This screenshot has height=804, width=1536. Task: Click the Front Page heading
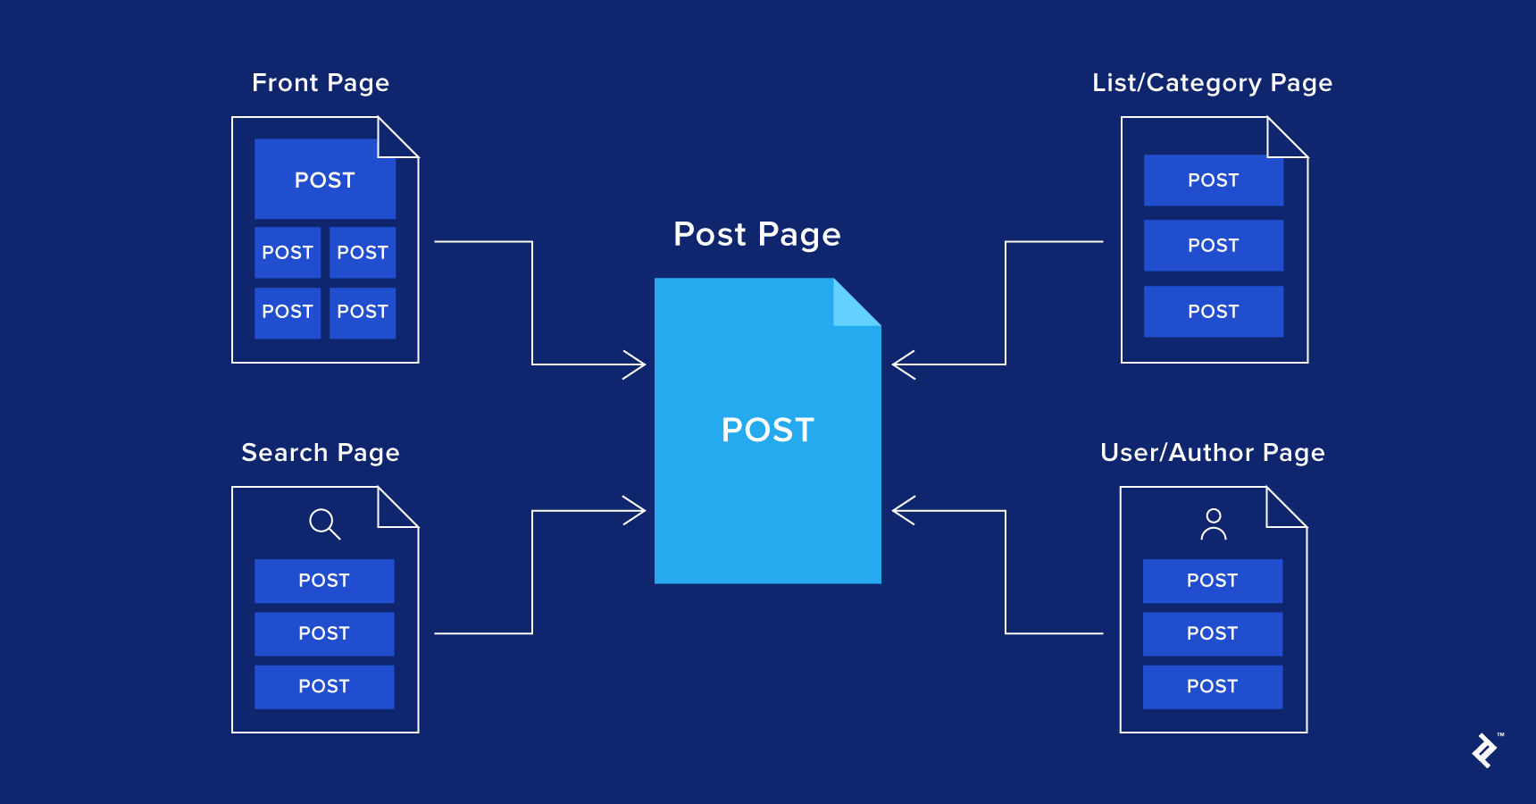pos(320,83)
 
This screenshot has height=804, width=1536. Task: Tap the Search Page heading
pos(320,453)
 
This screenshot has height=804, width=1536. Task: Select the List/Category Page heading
pos(1212,83)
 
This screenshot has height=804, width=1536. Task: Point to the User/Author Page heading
pos(1212,453)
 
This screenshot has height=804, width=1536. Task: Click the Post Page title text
pos(756,235)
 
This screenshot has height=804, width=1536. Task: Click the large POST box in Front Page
pos(325,180)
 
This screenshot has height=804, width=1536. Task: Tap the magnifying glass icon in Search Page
pos(324,523)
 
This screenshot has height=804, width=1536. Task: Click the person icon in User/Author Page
pos(1213,524)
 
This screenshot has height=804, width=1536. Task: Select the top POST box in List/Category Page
pos(1213,180)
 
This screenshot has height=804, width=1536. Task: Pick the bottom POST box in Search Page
pos(324,686)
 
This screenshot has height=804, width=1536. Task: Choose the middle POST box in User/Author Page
pos(1212,633)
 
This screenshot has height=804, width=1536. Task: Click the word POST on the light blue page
pos(767,431)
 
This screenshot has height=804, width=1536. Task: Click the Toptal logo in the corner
pos(1485,750)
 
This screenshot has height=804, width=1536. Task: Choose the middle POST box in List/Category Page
pos(1213,246)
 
